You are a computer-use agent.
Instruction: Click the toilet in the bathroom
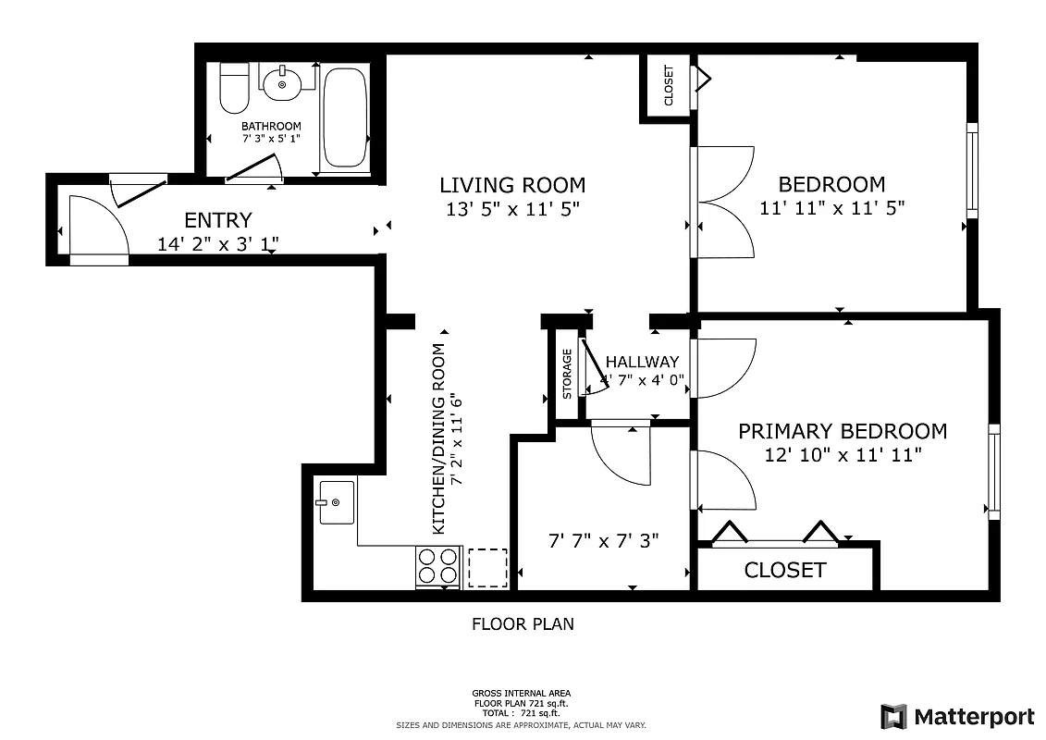coord(233,87)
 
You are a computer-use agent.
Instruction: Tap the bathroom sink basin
coord(281,85)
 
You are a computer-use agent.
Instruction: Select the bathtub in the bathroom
coord(345,117)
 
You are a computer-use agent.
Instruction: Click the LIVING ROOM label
coord(511,185)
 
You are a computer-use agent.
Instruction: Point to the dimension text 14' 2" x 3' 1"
coord(218,244)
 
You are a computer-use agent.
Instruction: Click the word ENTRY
coord(217,220)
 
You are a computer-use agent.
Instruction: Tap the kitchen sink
coord(337,502)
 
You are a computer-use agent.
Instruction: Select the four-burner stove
coord(438,566)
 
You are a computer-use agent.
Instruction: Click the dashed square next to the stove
coord(487,567)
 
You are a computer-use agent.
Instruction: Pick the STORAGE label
coord(567,374)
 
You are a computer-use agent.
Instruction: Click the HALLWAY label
coord(642,362)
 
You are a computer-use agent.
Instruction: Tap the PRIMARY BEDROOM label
coord(842,431)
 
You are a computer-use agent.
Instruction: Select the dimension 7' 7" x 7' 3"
coord(603,540)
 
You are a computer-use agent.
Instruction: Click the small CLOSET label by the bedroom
coord(669,85)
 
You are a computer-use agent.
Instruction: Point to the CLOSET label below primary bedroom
coord(784,570)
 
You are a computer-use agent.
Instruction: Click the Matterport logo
coord(957,717)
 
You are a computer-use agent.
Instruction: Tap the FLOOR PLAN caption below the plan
coord(523,624)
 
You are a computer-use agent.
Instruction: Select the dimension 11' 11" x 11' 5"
coord(831,209)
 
